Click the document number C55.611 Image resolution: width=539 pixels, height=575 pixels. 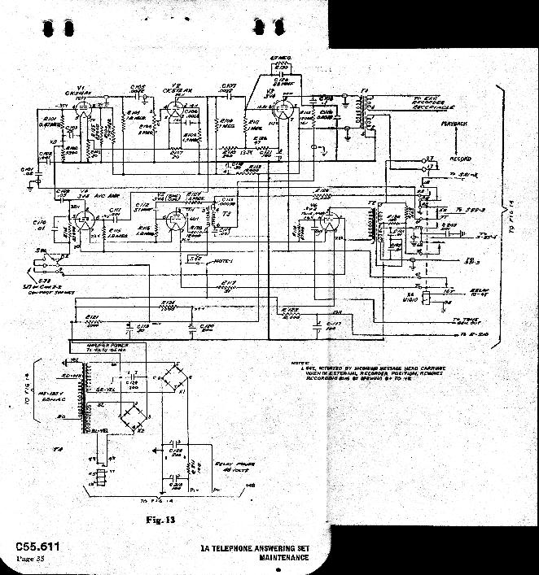[x=36, y=547]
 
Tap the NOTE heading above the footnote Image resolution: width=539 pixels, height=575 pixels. [x=300, y=359]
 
